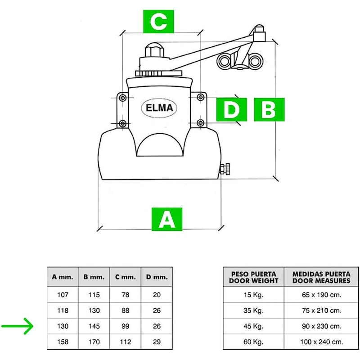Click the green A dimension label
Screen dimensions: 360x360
pos(166,219)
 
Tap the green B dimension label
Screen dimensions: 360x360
pos(269,109)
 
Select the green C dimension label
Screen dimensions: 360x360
pos(158,21)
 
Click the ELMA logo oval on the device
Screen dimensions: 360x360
pos(159,108)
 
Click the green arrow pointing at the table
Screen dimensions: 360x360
pos(18,326)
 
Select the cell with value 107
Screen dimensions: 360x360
pos(63,295)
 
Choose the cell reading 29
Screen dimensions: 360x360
pos(157,342)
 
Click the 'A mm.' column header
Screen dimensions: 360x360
pos(63,277)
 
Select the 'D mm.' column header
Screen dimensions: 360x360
pos(157,277)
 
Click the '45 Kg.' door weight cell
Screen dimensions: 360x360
pos(253,326)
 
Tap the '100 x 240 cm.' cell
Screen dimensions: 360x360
pos(321,342)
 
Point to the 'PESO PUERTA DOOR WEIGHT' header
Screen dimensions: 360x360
pos(253,277)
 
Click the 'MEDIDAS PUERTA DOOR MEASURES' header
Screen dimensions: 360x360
pos(321,277)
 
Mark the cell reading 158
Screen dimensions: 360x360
pos(63,342)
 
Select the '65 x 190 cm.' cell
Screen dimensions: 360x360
pos(321,295)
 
